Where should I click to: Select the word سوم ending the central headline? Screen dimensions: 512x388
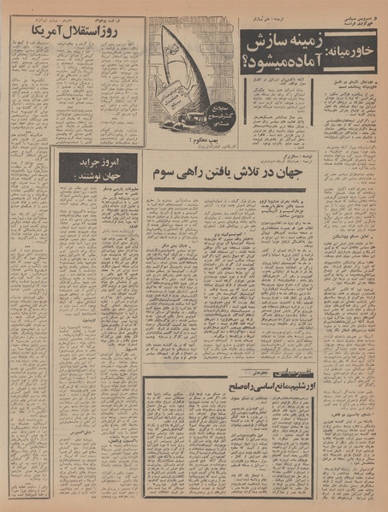[x=164, y=171]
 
